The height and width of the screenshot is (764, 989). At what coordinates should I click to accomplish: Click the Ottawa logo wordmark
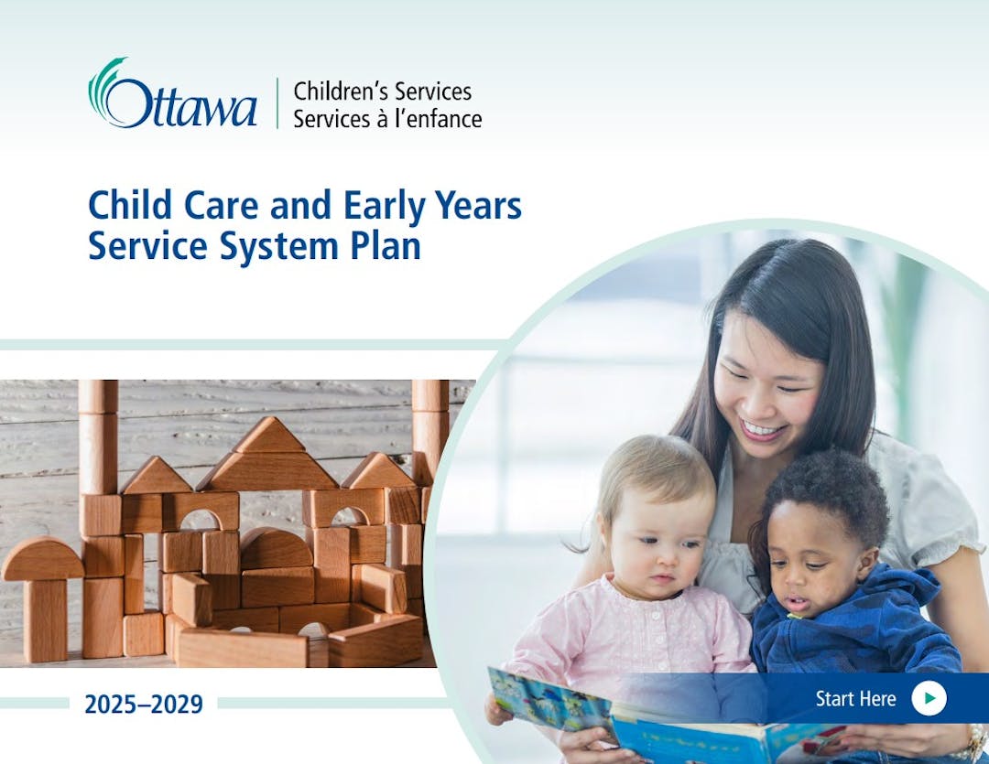click(x=172, y=94)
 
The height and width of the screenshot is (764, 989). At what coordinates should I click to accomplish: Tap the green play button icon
click(x=929, y=698)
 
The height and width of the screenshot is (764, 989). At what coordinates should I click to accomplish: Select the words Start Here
click(x=855, y=698)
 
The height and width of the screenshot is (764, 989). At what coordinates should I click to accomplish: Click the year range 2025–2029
click(x=144, y=705)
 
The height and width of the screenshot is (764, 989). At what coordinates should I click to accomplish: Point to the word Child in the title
click(x=130, y=205)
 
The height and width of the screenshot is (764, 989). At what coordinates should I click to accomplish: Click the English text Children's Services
click(x=382, y=91)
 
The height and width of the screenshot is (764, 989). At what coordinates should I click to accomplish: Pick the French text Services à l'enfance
click(x=387, y=119)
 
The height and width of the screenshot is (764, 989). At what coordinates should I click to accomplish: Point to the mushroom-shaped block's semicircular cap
click(x=42, y=559)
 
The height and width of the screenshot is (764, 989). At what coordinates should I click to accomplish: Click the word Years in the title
click(x=478, y=206)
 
